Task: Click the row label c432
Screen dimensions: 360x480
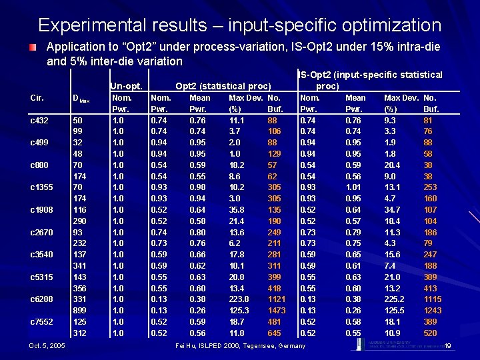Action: tap(40, 120)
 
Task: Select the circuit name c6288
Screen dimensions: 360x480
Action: tap(41, 299)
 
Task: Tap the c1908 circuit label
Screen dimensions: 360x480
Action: tap(41, 209)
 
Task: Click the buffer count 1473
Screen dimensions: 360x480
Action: tap(276, 310)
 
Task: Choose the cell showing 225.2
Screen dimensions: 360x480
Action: tap(395, 299)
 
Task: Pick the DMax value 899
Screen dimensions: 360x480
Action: tap(79, 310)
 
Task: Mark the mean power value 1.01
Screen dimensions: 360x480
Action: tap(355, 187)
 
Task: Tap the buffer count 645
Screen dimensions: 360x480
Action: tap(275, 333)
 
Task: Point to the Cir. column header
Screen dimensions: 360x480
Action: tap(38, 97)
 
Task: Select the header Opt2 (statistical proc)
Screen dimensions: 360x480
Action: tap(223, 85)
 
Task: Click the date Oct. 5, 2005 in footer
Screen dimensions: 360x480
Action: tap(47, 345)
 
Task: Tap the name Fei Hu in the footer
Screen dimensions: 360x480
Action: tap(186, 345)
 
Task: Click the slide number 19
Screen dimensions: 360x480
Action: tap(448, 345)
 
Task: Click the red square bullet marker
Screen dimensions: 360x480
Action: tap(32, 49)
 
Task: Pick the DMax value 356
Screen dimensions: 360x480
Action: tap(79, 288)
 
